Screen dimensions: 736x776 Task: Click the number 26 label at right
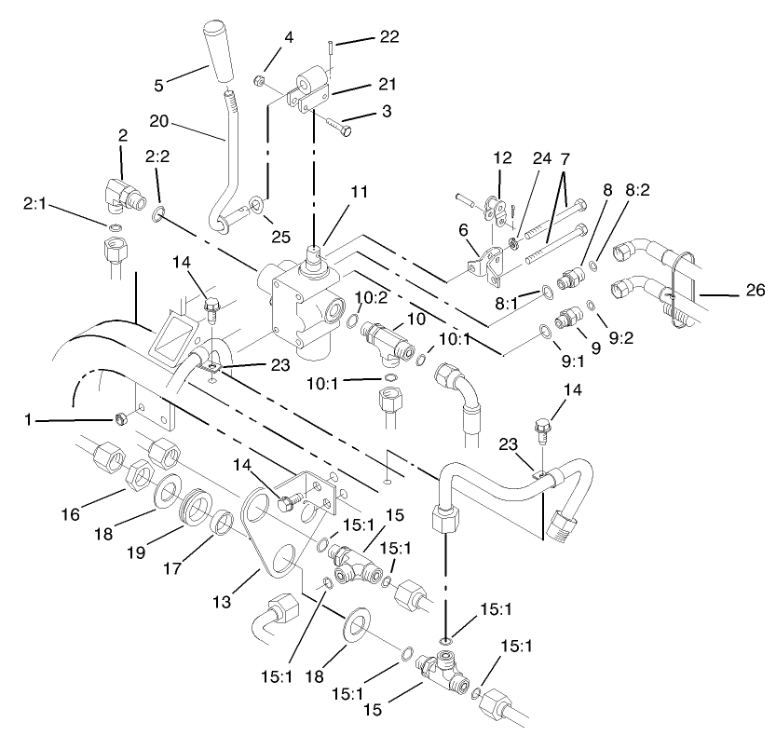755,291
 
